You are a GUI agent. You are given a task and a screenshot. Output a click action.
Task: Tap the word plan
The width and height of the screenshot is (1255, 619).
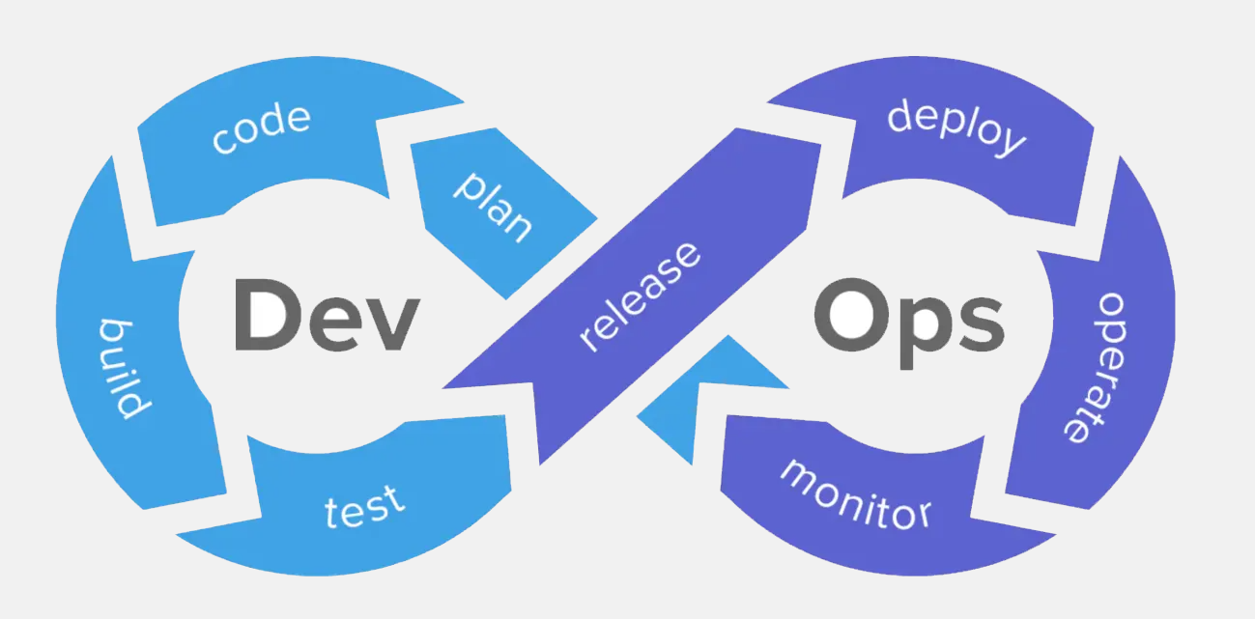pyautogui.click(x=493, y=207)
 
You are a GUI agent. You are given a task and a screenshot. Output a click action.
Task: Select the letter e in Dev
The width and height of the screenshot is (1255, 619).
pyautogui.click(x=334, y=324)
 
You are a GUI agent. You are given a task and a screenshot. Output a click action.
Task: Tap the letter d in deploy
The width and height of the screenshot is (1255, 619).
pyautogui.click(x=900, y=115)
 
